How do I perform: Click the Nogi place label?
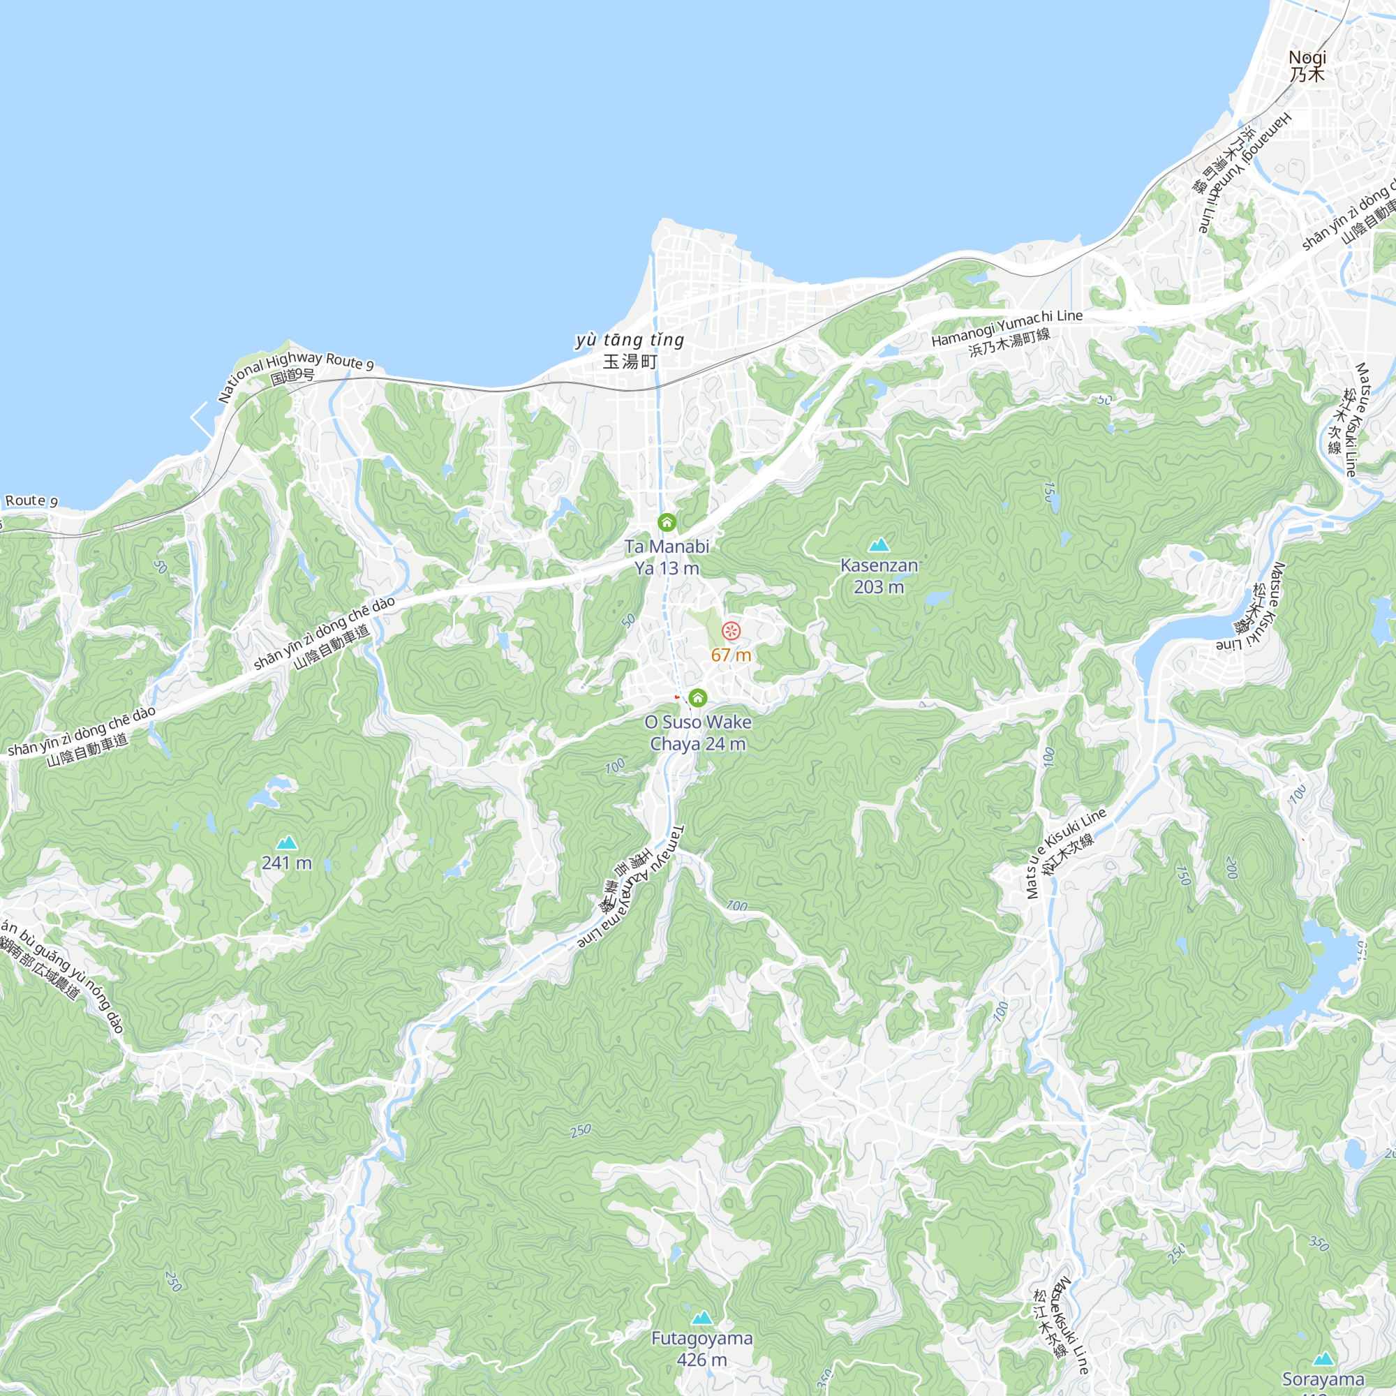coord(1308,65)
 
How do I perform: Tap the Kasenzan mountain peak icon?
coord(879,545)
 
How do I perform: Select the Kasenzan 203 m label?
coord(879,576)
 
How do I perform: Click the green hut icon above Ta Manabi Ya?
coord(667,521)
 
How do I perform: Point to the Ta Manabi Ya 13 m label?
coord(667,557)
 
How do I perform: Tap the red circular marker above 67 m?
coord(732,631)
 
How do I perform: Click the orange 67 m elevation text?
coord(732,655)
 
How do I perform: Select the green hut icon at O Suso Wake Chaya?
coord(697,697)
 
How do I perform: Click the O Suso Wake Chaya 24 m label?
coord(697,733)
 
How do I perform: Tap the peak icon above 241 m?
coord(287,842)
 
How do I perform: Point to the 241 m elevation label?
coord(287,863)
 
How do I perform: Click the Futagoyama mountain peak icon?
coord(701,1317)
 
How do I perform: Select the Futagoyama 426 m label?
coord(701,1349)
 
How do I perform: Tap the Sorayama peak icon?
coord(1323,1359)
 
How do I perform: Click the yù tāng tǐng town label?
coord(630,350)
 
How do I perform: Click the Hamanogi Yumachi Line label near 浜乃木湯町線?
coord(1007,327)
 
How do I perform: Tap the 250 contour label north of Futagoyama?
coord(580,1131)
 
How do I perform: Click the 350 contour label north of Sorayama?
coord(1319,1243)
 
